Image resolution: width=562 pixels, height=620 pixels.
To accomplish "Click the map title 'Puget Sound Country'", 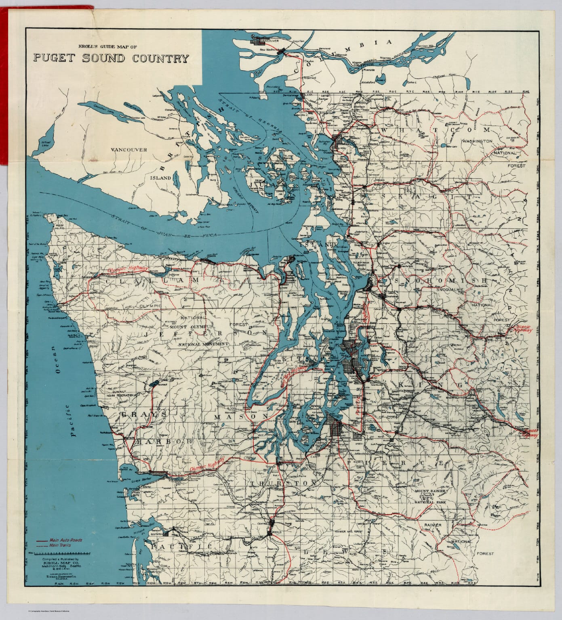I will (x=111, y=59).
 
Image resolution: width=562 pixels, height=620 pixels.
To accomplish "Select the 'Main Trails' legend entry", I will (x=61, y=545).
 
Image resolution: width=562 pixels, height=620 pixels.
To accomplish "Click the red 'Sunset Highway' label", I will (x=528, y=433).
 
